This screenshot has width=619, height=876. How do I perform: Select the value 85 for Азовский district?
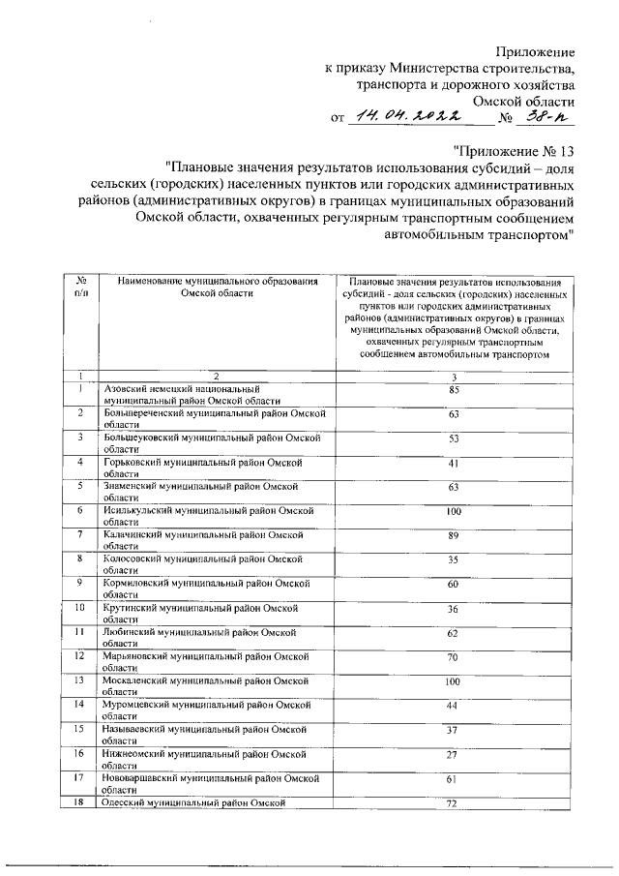[454, 389]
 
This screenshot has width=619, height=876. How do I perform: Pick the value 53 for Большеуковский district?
[454, 438]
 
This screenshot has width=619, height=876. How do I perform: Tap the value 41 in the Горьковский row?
[454, 463]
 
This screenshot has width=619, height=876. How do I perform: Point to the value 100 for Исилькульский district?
[454, 510]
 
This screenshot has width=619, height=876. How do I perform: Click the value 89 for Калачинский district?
[454, 535]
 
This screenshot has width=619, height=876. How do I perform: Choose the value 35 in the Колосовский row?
[454, 559]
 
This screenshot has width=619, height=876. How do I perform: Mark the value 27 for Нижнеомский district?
[454, 753]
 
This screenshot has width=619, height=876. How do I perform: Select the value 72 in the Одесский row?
[454, 804]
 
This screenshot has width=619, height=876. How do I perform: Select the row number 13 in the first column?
[80, 680]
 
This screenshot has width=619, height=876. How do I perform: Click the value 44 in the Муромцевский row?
[454, 705]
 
